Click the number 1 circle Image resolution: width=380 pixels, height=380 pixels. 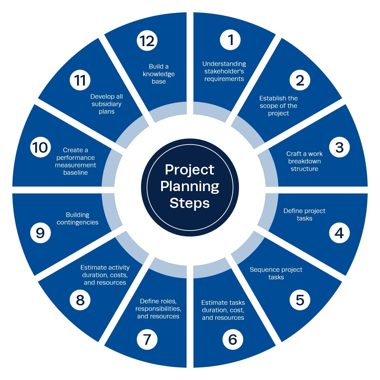pos(230,40)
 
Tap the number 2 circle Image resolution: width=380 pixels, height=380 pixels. pos(300,80)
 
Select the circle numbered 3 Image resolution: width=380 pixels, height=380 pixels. pos(339,147)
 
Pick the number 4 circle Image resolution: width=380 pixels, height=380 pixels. pos(339,233)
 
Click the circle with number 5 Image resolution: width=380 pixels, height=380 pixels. pos(300,300)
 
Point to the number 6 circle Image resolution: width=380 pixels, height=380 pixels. pos(233,340)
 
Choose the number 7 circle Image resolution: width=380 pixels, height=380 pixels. pos(147,340)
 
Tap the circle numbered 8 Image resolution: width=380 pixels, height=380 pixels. pos(80,300)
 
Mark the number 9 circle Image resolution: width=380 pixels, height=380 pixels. pos(40,233)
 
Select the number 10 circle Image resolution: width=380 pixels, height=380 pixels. pos(40,147)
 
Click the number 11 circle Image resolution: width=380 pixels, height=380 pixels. pos(80,80)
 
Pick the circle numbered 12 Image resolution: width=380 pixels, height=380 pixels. pos(147,40)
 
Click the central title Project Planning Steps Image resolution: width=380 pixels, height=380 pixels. pos(190,186)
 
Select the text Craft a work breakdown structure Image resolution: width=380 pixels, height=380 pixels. pos(304,161)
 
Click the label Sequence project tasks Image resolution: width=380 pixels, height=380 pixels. pos(276,273)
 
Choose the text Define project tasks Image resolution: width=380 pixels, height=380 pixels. pos(304,215)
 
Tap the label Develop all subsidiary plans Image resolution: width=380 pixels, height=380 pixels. pos(106,104)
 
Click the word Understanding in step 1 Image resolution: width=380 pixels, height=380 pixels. pos(224,64)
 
